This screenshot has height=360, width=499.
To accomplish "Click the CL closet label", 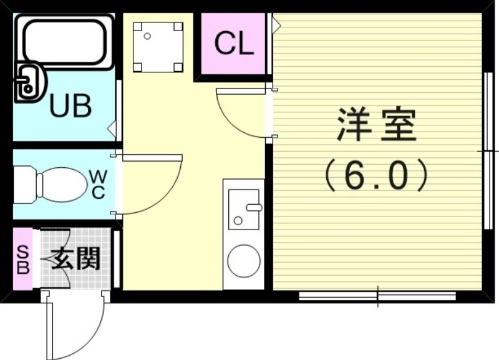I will tap(234, 44).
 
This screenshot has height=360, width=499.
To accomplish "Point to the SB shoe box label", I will tap(22, 259).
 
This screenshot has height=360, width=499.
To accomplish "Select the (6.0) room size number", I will tap(376, 175).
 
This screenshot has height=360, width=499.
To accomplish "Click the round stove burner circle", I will tap(244, 260).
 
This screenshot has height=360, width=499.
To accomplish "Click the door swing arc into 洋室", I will tap(240, 115).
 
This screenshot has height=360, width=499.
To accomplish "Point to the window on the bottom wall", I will tap(377, 295).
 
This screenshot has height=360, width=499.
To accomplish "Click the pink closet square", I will tap(234, 45).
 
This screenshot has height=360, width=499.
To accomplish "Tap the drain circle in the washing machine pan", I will tap(147, 36).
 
